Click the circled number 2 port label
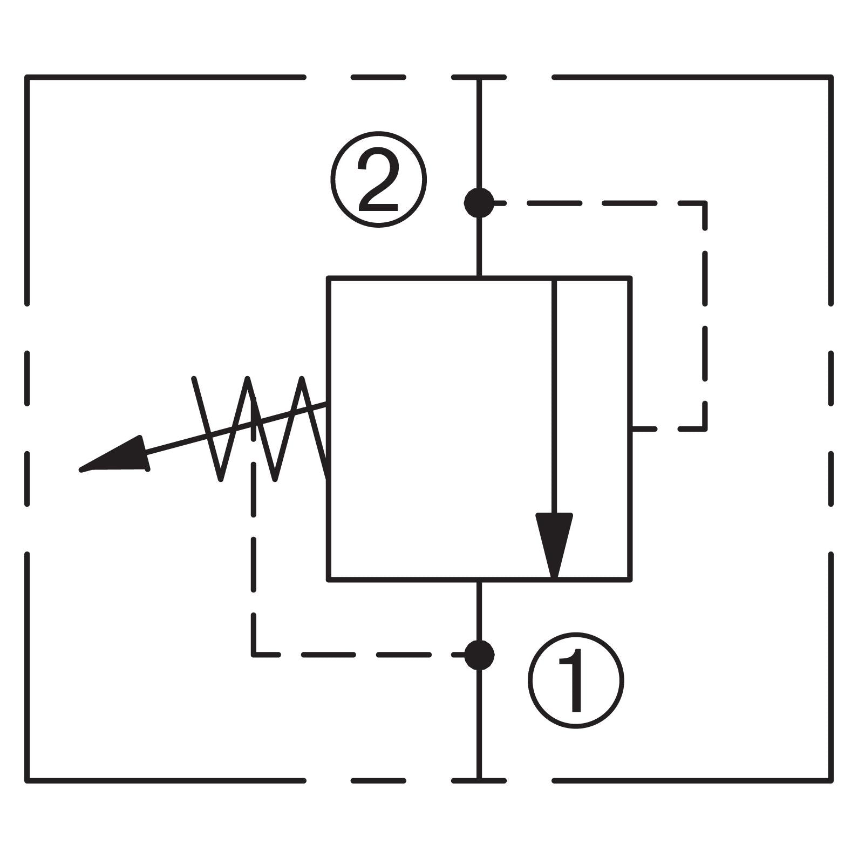378,179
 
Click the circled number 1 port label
575,680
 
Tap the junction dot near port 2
479,203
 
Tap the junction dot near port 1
479,655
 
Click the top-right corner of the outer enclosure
831,78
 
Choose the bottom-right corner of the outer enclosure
831,780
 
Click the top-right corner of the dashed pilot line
705,203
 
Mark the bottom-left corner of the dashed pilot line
254,655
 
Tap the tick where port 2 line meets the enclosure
479,78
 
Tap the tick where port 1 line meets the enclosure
479,780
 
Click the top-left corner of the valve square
328,278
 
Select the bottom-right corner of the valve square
630,580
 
